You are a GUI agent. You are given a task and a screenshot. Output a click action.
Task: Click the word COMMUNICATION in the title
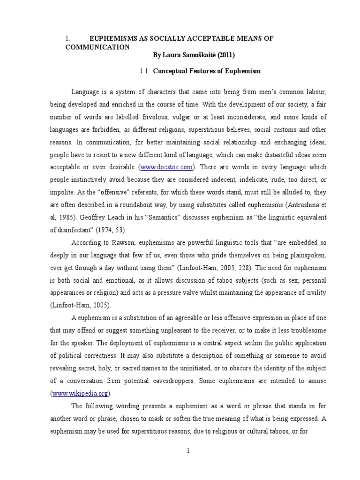(97, 47)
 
